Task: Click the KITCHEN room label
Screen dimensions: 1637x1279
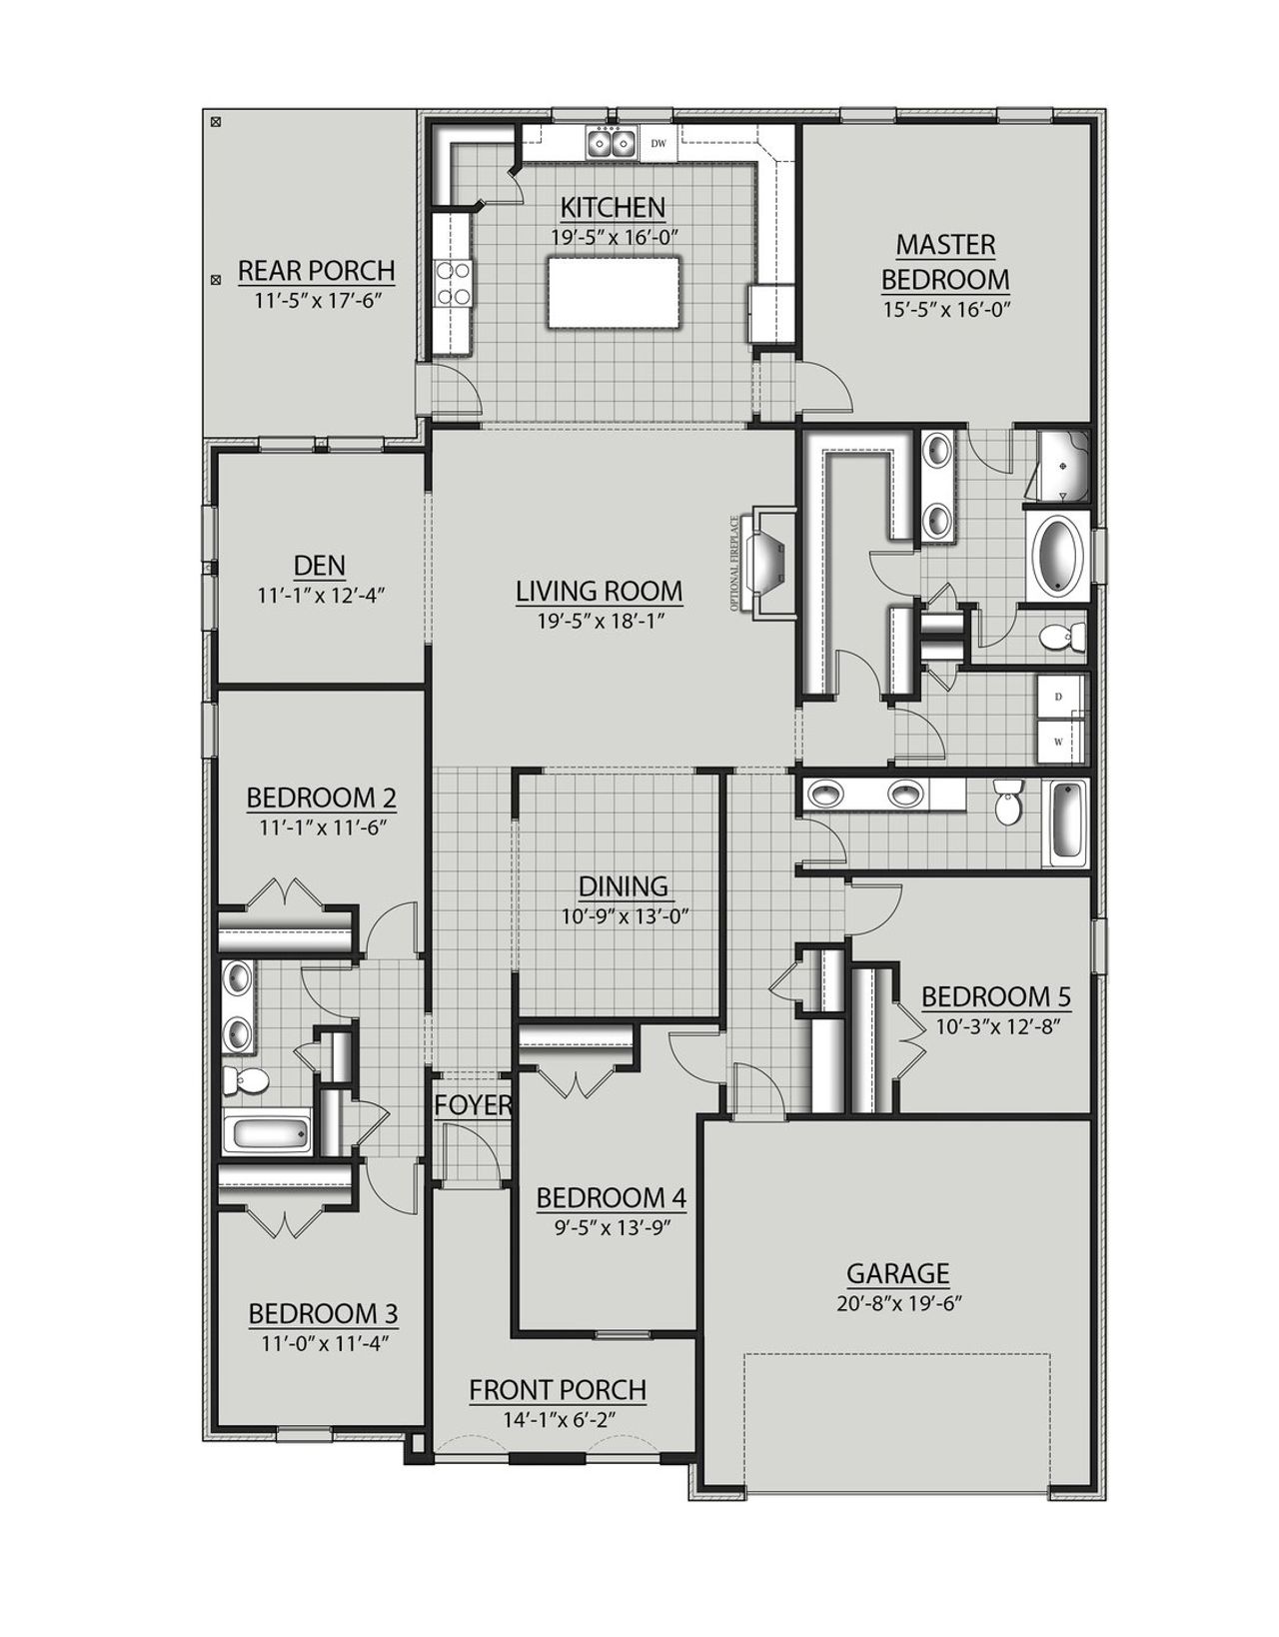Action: pyautogui.click(x=613, y=208)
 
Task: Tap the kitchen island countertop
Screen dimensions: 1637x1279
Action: pyautogui.click(x=614, y=292)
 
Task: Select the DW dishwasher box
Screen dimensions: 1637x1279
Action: pyautogui.click(x=658, y=144)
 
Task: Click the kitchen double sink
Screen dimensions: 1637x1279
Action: pyautogui.click(x=612, y=144)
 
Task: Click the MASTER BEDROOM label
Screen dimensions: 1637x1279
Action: pyautogui.click(x=944, y=262)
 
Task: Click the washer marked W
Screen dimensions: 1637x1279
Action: pyautogui.click(x=1057, y=741)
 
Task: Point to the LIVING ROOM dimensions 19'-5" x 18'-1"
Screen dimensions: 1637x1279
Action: pyautogui.click(x=600, y=620)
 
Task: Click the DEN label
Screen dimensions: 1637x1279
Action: pyautogui.click(x=320, y=566)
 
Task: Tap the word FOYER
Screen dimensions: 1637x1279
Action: pyautogui.click(x=473, y=1105)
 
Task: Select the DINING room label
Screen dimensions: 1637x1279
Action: pyautogui.click(x=623, y=886)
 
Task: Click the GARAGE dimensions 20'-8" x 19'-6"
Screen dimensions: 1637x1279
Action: pyautogui.click(x=897, y=1302)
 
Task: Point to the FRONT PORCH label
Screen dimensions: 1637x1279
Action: pyautogui.click(x=558, y=1390)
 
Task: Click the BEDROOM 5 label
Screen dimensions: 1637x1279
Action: pyautogui.click(x=995, y=996)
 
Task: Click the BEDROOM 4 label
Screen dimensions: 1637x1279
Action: pyautogui.click(x=611, y=1197)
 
